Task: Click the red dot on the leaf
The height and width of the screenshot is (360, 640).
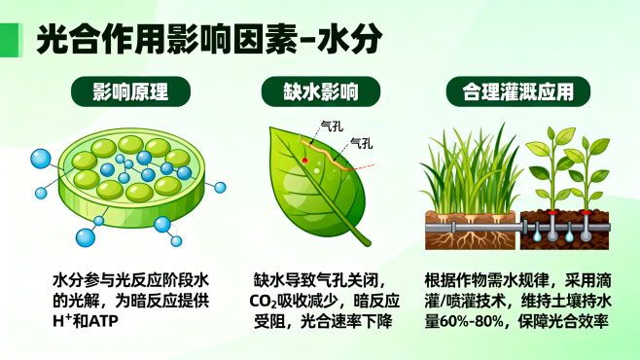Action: coord(305,159)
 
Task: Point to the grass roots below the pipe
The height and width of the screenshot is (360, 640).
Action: coord(468,239)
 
